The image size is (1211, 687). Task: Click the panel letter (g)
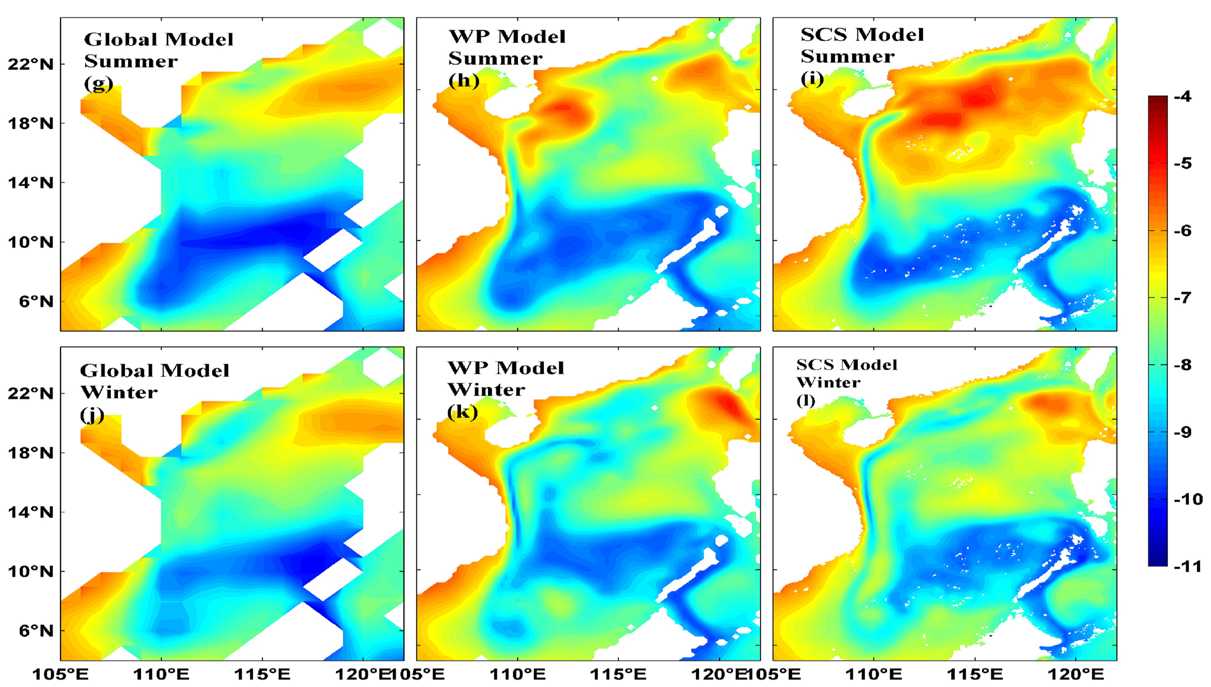tap(99, 83)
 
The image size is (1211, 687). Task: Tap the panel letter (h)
tap(464, 81)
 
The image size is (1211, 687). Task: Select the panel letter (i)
tap(812, 78)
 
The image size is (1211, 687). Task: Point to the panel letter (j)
tap(92, 415)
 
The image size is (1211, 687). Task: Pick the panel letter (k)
tap(462, 412)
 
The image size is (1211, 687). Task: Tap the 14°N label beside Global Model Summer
tap(31, 183)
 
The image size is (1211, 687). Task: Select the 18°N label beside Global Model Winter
tap(31, 453)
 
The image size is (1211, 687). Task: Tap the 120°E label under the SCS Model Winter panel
tap(1076, 674)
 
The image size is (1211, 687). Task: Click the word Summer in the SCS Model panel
tap(848, 56)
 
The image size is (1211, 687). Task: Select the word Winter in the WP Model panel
tap(486, 390)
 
